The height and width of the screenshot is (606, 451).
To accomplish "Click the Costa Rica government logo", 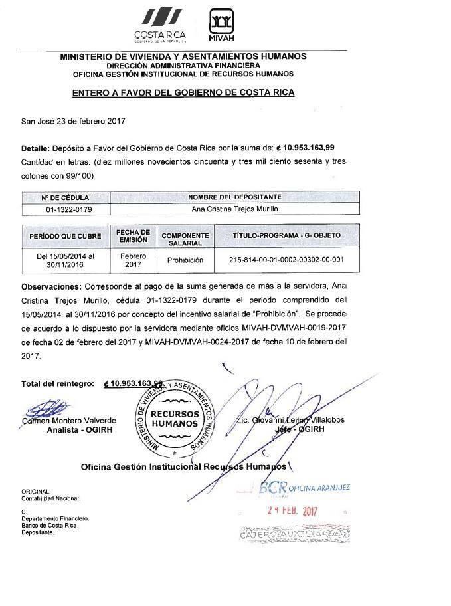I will click(x=159, y=25).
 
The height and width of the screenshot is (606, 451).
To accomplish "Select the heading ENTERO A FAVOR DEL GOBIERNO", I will click(x=183, y=93).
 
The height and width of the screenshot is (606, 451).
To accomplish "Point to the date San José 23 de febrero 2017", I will click(x=73, y=121).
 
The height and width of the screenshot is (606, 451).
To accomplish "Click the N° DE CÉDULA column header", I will click(x=64, y=197).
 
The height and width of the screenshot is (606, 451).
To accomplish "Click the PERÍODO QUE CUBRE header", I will click(x=65, y=236).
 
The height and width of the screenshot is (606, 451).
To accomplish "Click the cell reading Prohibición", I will click(x=185, y=260).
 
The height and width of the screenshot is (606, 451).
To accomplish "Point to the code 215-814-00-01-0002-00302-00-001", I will click(x=287, y=260).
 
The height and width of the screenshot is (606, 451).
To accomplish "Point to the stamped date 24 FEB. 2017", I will click(x=293, y=512).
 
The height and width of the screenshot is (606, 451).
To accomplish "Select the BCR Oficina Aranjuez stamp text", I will click(x=306, y=488).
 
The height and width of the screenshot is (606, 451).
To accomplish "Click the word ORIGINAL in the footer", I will click(x=35, y=491).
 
